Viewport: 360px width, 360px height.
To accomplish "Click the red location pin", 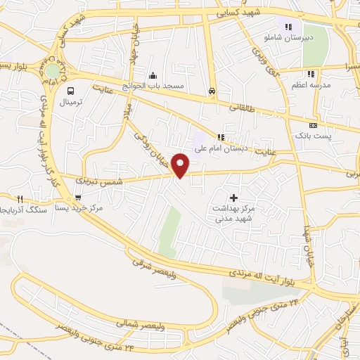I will (x=181, y=165).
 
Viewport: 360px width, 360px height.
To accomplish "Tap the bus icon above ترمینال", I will (x=70, y=91).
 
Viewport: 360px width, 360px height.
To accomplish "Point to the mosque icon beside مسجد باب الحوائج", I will (x=152, y=75).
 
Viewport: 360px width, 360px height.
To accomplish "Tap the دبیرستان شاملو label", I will (x=271, y=36).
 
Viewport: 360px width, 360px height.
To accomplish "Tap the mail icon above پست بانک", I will (x=313, y=125).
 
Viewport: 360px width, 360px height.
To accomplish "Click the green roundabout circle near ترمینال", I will (x=53, y=71).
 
